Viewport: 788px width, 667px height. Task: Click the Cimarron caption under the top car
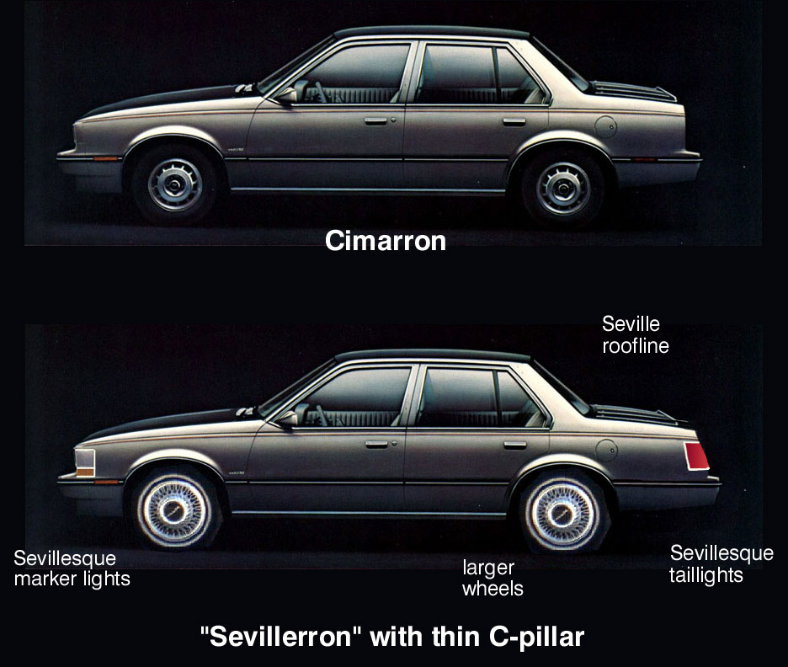[x=386, y=241]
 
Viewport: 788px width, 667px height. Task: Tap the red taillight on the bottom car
[x=696, y=456]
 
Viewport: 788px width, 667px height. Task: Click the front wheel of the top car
[x=175, y=184]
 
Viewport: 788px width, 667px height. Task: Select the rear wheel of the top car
[x=563, y=188]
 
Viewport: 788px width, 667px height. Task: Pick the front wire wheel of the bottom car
[x=174, y=510]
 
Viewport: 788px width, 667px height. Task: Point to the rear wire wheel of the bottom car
[x=563, y=512]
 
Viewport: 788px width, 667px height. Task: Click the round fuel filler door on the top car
[x=605, y=126]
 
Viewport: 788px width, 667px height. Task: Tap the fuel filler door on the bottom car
[x=607, y=450]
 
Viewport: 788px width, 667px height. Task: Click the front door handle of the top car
[x=376, y=120]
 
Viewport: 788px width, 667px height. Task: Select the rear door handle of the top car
[x=514, y=121]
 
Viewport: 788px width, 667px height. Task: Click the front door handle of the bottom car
[x=377, y=444]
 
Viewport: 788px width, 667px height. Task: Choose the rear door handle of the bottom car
[x=515, y=445]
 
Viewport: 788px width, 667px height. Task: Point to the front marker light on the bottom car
[x=85, y=462]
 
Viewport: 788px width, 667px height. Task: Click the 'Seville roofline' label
[x=636, y=334]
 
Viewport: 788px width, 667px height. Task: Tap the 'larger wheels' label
[x=492, y=578]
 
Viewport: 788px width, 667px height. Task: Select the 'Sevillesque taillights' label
[x=721, y=564]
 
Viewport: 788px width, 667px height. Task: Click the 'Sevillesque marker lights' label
[x=72, y=568]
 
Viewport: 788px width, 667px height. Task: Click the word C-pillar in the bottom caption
[x=536, y=638]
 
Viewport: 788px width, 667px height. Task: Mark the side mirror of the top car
[x=286, y=95]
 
